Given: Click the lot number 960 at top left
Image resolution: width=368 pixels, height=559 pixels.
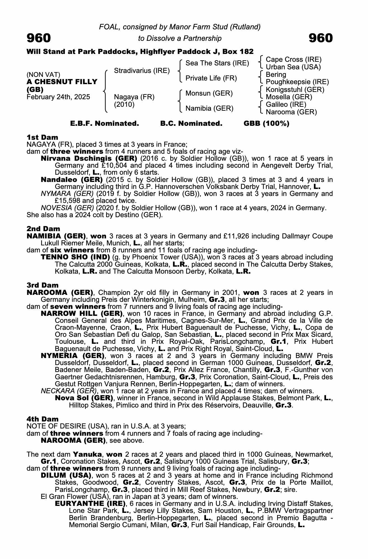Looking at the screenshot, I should click(39, 38).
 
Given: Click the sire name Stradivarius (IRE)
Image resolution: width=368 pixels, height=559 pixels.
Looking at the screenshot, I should click(142, 70).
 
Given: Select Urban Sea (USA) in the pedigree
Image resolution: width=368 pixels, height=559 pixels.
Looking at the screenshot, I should click(293, 67).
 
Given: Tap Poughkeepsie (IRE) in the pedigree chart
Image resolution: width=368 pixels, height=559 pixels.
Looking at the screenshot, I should click(297, 82).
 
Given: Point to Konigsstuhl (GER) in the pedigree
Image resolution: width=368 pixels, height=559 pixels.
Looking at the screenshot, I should click(295, 90).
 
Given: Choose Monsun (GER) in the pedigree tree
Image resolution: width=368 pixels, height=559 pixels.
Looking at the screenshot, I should click(209, 93).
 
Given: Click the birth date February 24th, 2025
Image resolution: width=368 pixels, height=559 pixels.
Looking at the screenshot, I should click(58, 97).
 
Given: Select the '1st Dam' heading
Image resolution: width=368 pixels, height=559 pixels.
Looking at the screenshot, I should click(42, 137).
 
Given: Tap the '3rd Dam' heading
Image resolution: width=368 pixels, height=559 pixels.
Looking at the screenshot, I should click(43, 285).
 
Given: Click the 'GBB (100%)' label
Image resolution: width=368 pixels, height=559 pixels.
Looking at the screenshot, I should click(266, 124).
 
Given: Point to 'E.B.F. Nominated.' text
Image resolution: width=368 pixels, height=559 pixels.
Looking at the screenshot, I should click(104, 124).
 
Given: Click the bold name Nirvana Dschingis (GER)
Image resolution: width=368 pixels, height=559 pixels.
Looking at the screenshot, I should click(89, 158).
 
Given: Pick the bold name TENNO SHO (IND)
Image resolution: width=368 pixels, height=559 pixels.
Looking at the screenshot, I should click(75, 257).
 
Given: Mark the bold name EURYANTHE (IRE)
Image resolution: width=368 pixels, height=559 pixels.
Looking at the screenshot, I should click(90, 504).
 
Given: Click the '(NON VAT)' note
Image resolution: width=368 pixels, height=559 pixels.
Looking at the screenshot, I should click(43, 75).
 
